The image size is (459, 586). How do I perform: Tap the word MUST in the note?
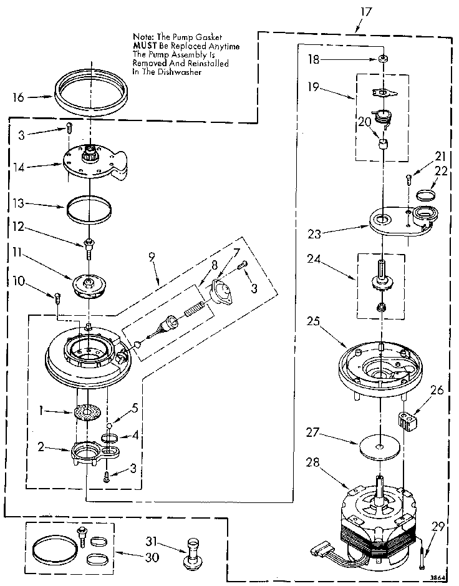click(x=145, y=46)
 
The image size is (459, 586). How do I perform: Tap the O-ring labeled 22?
click(x=426, y=195)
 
